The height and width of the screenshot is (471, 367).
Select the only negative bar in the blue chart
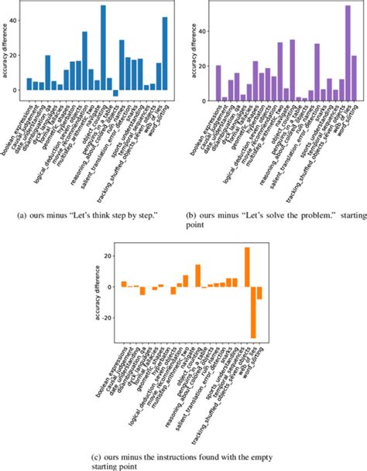point(115,93)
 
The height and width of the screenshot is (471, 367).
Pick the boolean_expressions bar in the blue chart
point(29,84)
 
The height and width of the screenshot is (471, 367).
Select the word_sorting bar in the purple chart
point(354,78)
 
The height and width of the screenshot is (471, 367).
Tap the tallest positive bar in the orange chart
point(247,268)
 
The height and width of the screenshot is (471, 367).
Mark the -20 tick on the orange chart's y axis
point(109,318)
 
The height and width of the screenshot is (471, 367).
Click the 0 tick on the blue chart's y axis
point(17,90)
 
